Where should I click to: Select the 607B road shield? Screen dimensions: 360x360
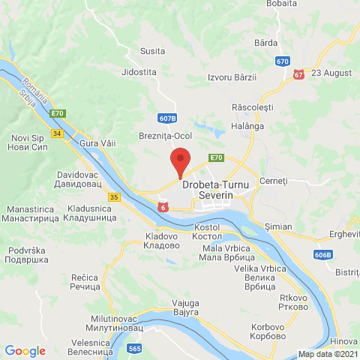point(168,118)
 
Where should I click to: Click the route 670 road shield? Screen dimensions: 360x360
point(282,61)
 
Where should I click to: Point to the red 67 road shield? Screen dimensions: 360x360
point(299,74)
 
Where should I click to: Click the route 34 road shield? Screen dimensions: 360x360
point(58,133)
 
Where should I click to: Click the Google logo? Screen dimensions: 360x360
point(25,350)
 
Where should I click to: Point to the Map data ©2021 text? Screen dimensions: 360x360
point(328,354)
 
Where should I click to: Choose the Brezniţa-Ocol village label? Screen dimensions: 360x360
point(166,136)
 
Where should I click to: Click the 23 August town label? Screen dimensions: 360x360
point(331,73)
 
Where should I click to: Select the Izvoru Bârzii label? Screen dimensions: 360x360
point(232,77)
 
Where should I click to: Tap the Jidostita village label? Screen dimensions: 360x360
point(139,72)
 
